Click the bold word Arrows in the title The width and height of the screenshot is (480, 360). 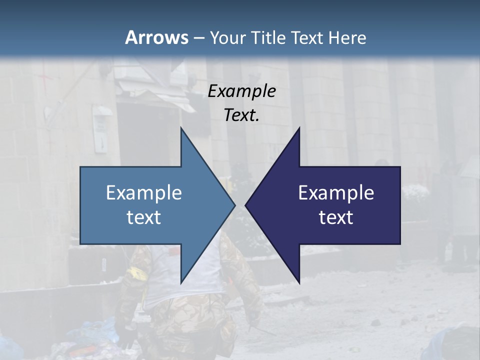pyautogui.click(x=156, y=37)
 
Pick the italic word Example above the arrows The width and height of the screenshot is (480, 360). pyautogui.click(x=242, y=91)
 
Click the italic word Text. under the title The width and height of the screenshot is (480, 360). pyautogui.click(x=242, y=115)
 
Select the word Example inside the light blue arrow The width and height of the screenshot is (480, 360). pyautogui.click(x=144, y=193)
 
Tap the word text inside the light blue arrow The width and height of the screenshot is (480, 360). pyautogui.click(x=144, y=217)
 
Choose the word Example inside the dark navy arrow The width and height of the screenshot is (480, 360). pyautogui.click(x=336, y=193)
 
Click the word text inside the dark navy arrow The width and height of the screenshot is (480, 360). pyautogui.click(x=336, y=217)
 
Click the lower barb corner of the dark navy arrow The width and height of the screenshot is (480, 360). pyautogui.click(x=299, y=282)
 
